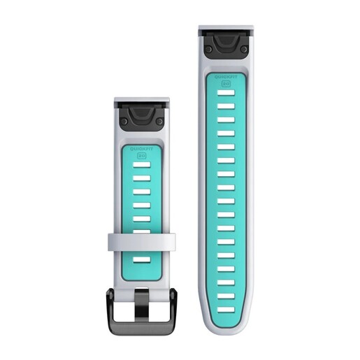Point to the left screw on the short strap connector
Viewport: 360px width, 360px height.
tap(124, 122)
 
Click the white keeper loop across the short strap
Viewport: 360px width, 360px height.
tap(141, 242)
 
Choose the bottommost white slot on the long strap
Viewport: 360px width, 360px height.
tap(226, 308)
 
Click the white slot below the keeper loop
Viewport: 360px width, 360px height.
tap(141, 259)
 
